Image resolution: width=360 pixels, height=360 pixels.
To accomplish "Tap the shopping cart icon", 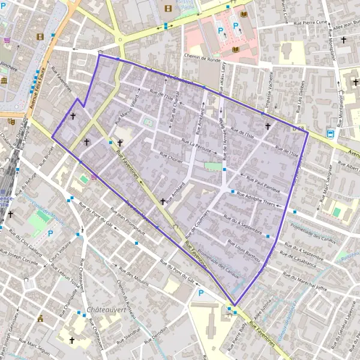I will [x=7, y=40].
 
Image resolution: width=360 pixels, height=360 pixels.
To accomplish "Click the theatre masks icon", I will [x=11, y=121].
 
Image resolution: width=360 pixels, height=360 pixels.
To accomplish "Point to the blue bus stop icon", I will [x=331, y=133].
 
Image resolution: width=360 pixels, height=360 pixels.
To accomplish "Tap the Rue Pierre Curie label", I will [x=310, y=22].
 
